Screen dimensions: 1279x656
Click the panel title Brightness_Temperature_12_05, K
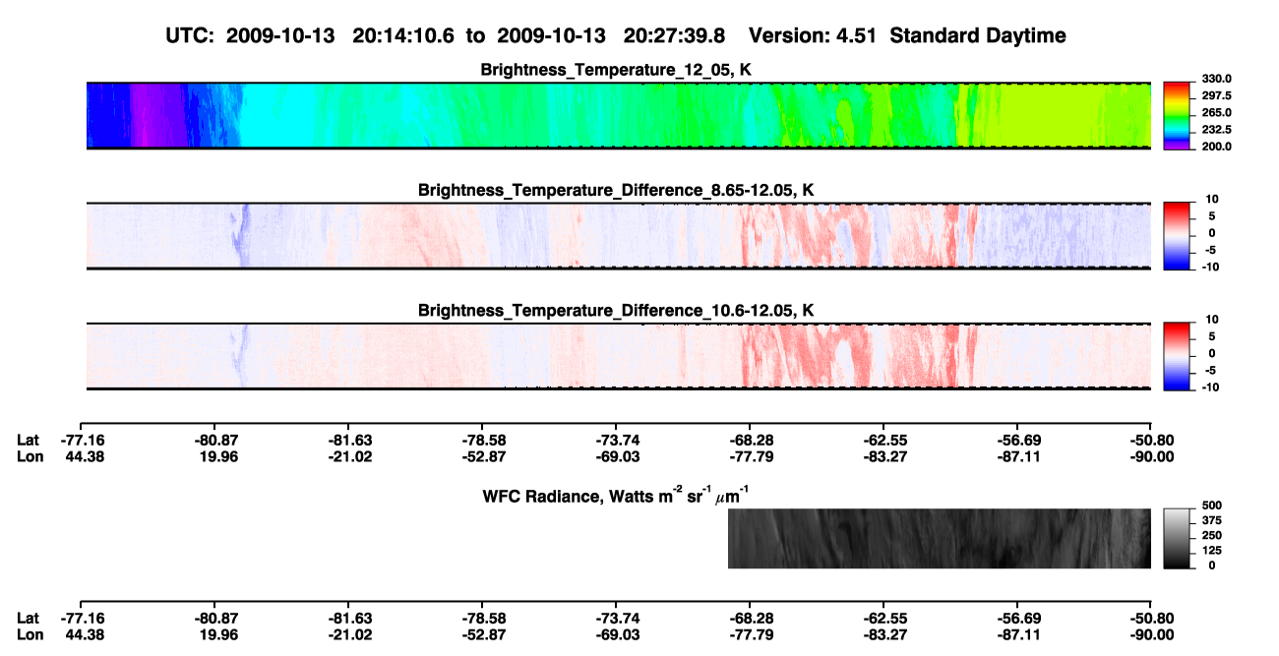point(616,70)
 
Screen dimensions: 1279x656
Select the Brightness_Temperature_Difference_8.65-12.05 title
point(616,190)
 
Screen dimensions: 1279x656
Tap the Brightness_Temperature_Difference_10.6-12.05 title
point(616,311)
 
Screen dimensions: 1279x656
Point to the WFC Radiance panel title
point(616,495)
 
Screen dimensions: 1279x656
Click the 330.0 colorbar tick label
point(1216,79)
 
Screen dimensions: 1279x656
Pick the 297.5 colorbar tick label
point(1216,95)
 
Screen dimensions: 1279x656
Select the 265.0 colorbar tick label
point(1216,112)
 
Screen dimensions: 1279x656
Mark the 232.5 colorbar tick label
point(1216,130)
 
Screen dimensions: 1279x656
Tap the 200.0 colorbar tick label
point(1216,147)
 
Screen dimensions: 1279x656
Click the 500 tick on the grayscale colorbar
point(1212,506)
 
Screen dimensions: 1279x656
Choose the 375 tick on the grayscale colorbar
point(1212,520)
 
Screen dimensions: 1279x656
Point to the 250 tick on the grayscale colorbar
point(1212,535)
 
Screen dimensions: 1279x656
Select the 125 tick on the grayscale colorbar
point(1212,551)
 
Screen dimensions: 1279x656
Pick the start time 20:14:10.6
point(403,35)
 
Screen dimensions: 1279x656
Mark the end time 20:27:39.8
point(674,35)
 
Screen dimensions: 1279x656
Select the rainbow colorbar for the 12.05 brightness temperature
point(1177,116)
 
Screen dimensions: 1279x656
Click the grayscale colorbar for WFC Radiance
point(1177,538)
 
